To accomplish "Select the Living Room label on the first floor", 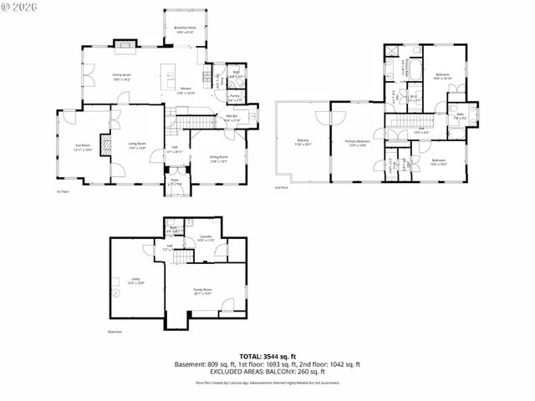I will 137,145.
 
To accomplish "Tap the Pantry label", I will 236,96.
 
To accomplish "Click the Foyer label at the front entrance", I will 175,181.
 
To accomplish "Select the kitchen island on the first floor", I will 169,76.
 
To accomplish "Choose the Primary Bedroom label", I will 358,143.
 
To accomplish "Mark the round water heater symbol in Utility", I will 115,292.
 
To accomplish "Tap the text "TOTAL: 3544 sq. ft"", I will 267,357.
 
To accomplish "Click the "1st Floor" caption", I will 62,191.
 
